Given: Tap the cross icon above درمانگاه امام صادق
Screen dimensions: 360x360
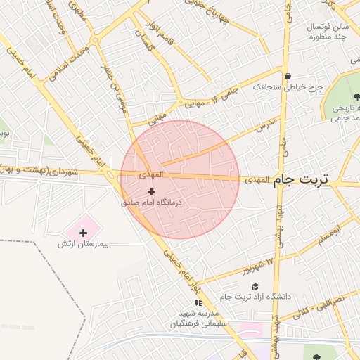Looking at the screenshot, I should pos(151,191).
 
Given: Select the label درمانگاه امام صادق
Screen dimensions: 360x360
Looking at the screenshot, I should pos(151,202).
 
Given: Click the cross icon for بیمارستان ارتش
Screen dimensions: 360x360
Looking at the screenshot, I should pos(84,233).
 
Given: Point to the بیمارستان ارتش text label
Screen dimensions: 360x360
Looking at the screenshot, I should pos(86,243).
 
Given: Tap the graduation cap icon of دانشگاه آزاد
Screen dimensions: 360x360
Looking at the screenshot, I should pos(255,286).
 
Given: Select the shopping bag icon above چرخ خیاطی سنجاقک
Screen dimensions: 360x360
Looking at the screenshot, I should pos(287,76).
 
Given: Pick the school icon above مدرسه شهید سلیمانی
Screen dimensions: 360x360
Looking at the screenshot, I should pos(197,302).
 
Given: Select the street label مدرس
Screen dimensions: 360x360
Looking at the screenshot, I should pos(267,126).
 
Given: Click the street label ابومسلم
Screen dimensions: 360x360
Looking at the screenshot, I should pos(331,235).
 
